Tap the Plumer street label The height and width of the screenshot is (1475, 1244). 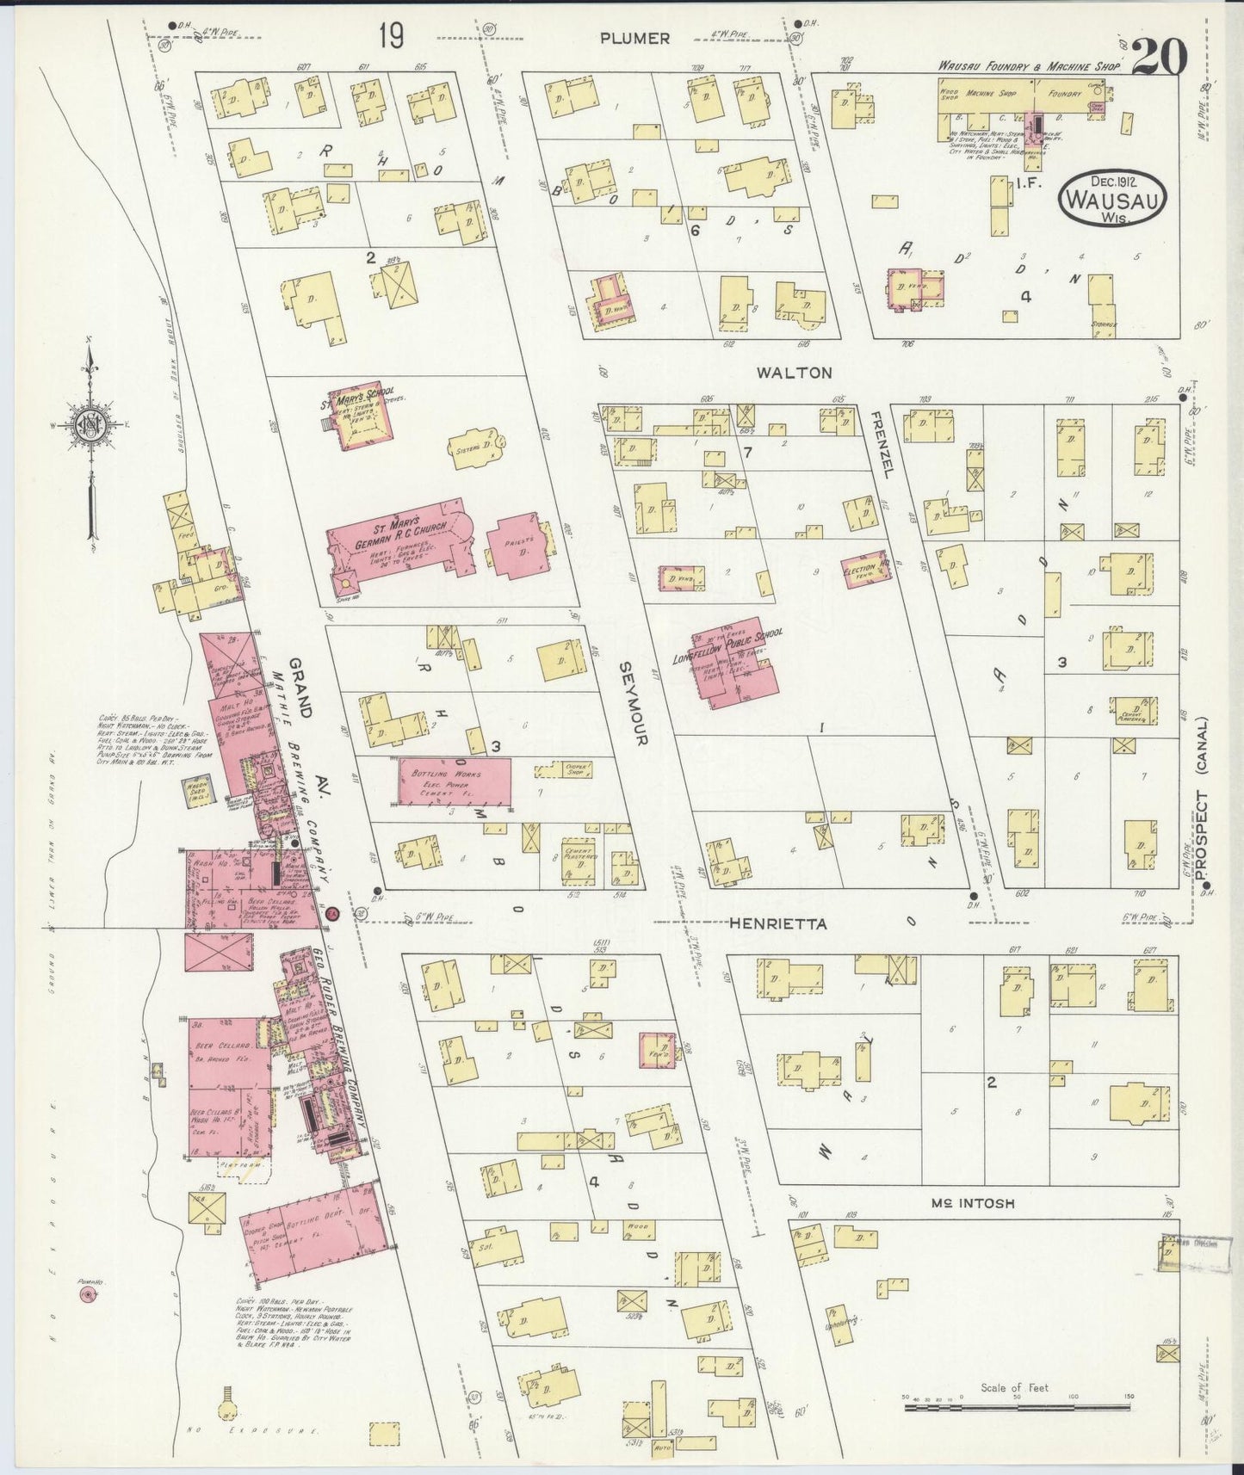635,38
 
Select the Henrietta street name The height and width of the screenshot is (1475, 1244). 777,923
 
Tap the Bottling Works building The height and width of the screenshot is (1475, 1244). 454,781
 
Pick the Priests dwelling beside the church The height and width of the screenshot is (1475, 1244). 517,547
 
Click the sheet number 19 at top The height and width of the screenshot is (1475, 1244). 390,37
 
